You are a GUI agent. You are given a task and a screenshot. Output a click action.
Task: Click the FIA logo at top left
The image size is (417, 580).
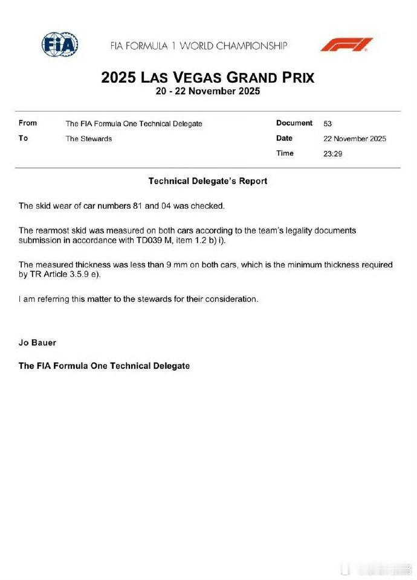[x=60, y=44]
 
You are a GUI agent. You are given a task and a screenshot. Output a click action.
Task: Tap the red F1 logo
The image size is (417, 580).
[x=346, y=45]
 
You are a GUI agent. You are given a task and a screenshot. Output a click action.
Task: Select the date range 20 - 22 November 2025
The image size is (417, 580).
[x=207, y=92]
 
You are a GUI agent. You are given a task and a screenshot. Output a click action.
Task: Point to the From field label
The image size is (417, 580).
[x=28, y=123]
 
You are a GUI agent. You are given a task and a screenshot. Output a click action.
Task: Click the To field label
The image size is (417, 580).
[x=24, y=138]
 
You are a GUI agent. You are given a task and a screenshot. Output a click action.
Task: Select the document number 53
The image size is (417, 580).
[x=328, y=124]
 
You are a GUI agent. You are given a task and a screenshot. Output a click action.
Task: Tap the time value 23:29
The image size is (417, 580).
[x=332, y=154]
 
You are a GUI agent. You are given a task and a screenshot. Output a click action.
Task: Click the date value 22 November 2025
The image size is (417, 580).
[x=355, y=139]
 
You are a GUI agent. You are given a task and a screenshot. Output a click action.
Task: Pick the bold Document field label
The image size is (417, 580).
[x=294, y=123]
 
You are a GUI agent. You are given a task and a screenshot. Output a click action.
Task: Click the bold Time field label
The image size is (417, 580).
[x=285, y=153]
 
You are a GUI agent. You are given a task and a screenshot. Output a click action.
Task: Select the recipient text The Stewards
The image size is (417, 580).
[x=89, y=139]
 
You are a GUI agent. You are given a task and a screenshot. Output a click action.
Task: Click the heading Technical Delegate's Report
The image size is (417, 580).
[x=207, y=181]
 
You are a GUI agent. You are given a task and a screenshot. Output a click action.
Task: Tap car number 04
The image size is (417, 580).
[x=166, y=206]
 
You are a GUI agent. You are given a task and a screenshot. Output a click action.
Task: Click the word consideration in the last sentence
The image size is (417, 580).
[x=232, y=299]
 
